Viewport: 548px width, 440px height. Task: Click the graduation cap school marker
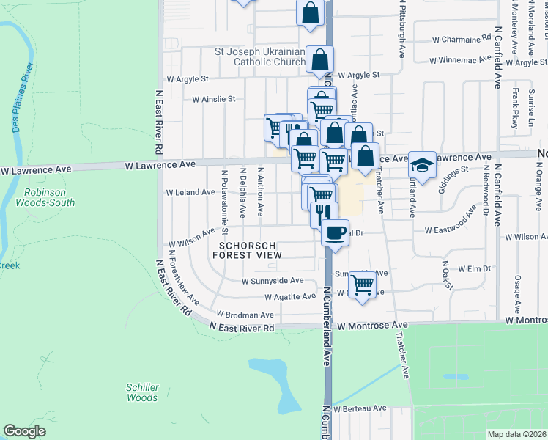coord(421,165)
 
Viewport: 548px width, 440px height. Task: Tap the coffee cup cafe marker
coord(335,233)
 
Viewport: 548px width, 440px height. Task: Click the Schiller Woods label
coord(142,392)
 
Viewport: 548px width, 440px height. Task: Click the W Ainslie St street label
coord(213,98)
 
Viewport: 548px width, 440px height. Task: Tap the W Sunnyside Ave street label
coord(273,280)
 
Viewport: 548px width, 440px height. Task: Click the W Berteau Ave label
coord(360,408)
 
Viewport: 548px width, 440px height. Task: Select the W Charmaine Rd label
coord(461,40)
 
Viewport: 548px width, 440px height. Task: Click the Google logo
coord(24,431)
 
